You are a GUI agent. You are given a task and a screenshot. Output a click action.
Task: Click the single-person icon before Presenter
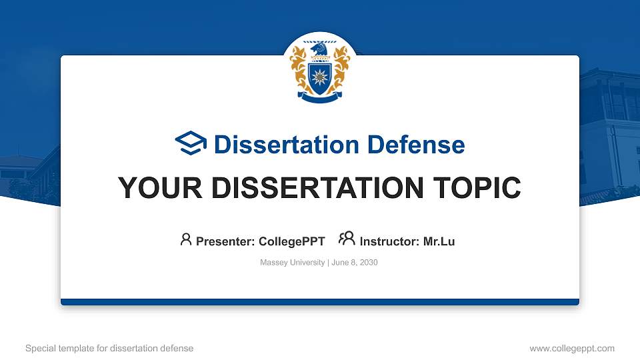pos(186,239)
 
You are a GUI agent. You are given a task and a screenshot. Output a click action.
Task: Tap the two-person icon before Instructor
pos(347,239)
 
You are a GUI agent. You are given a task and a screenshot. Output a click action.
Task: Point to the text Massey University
pos(292,263)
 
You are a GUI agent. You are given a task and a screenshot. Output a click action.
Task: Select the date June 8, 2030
pos(354,263)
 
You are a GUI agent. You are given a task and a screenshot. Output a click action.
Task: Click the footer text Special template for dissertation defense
pos(109,348)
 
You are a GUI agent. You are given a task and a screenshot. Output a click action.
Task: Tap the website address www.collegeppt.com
pos(572,348)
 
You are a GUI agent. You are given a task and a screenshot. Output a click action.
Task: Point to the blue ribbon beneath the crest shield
pos(320,97)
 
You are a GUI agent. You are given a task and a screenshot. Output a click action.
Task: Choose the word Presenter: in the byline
pos(223,241)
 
